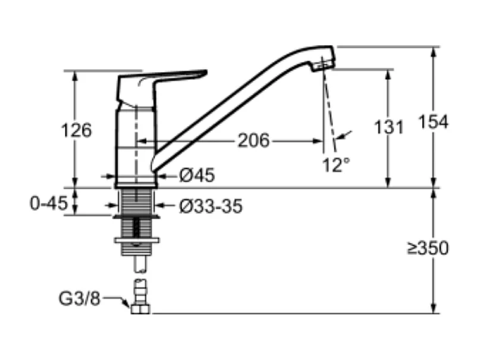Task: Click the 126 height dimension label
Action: click(76, 130)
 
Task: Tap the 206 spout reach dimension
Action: click(253, 141)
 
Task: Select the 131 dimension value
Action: click(389, 127)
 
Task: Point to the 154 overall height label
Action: click(433, 121)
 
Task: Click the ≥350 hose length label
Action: click(428, 248)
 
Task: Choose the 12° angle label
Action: click(336, 165)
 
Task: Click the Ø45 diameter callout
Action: click(197, 176)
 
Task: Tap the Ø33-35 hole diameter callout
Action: click(211, 206)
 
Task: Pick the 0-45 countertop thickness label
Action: click(48, 203)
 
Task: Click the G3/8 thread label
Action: click(79, 298)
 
